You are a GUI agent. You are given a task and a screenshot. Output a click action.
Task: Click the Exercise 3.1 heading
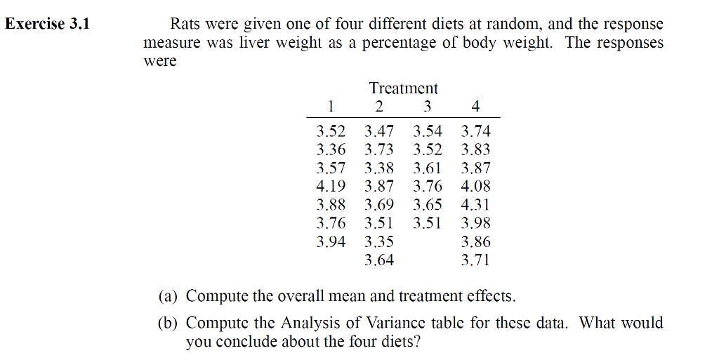pos(48,25)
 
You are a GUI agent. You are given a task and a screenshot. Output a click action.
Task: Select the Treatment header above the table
pos(403,88)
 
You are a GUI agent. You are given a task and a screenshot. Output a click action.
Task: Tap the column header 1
pos(331,107)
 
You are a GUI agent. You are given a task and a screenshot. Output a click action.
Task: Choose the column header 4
pos(475,107)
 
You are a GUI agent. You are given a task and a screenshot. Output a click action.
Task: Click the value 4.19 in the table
pos(331,187)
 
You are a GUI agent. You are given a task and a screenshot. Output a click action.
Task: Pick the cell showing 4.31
pos(475,205)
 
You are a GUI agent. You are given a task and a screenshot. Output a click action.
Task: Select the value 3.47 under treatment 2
pos(379,131)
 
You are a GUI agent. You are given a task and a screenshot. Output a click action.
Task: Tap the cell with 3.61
pos(428,168)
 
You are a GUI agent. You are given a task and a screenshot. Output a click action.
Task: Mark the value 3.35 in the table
pos(379,242)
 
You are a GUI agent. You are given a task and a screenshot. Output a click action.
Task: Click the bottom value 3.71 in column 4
pos(475,260)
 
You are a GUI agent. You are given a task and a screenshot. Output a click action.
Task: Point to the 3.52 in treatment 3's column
pos(428,149)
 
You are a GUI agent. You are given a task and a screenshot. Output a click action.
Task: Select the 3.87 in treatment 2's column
pos(379,187)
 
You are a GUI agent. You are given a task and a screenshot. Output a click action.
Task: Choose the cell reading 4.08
pos(475,187)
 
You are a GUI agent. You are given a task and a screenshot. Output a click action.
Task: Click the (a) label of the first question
pos(168,296)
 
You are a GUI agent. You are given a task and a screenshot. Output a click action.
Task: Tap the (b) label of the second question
pos(168,324)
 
